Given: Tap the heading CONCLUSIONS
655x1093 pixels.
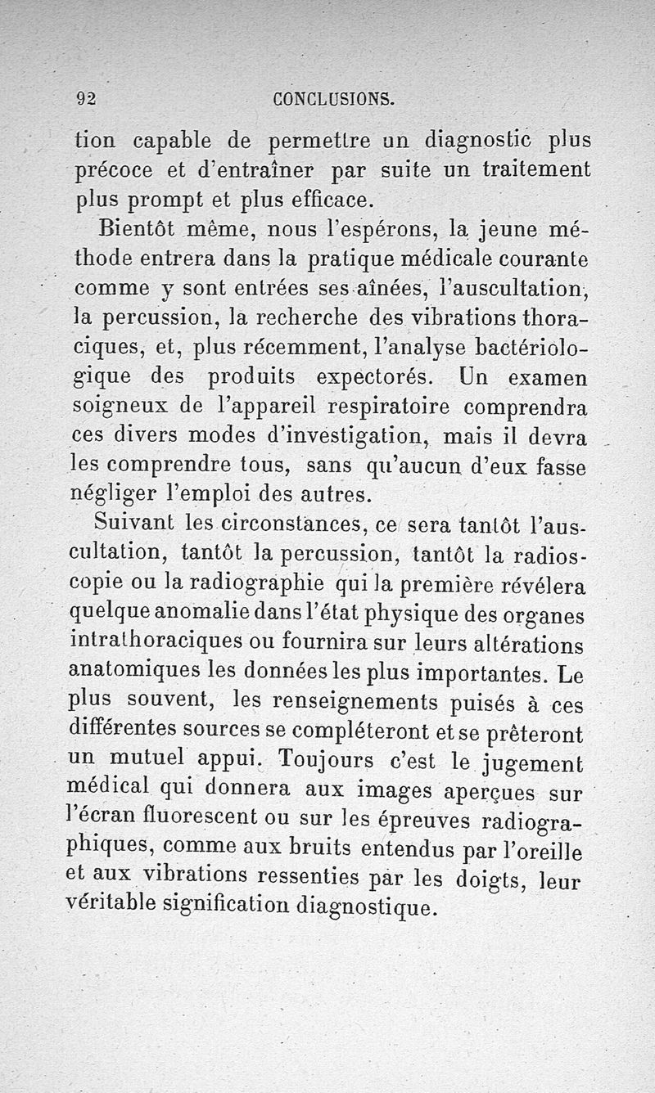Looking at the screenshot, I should (333, 100).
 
